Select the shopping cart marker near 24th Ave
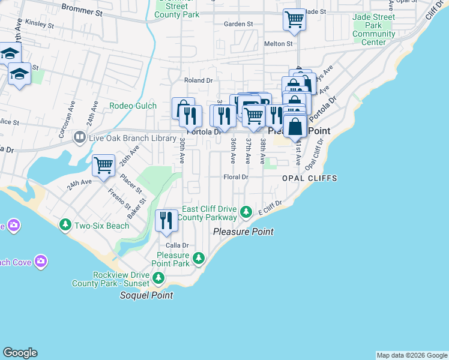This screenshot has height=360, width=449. click(104, 165)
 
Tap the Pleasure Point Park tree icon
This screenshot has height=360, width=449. click(198, 259)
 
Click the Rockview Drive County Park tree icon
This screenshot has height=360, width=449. click(158, 278)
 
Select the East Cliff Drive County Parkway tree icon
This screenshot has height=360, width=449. click(246, 212)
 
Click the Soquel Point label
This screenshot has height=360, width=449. click(146, 295)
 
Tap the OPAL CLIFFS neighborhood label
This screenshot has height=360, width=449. click(310, 179)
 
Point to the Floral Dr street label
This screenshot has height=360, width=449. click(235, 177)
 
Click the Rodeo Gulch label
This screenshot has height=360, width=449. click(133, 106)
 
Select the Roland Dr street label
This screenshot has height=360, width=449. click(199, 80)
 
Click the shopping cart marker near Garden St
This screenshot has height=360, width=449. click(294, 19)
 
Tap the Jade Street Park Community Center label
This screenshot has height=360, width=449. click(374, 30)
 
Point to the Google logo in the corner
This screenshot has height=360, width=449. click(20, 353)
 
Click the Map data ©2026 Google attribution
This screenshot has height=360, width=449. click(412, 355)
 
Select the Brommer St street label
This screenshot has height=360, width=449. click(83, 11)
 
